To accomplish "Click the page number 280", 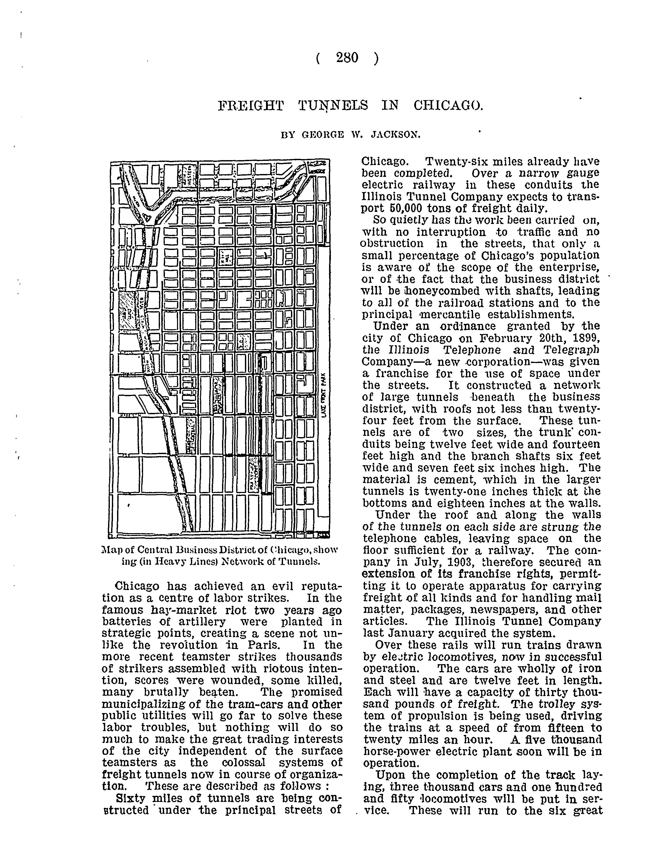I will tap(347, 58).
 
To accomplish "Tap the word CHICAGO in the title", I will tap(447, 106).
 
